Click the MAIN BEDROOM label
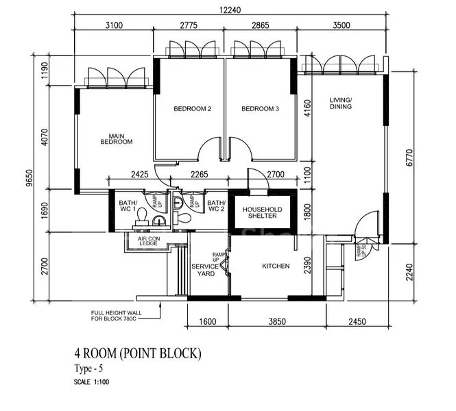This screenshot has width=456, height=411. (116, 138)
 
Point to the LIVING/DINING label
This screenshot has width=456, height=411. (340, 103)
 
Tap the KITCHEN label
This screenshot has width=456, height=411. (276, 266)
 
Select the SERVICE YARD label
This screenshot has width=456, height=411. (205, 270)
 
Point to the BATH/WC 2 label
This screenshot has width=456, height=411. (217, 206)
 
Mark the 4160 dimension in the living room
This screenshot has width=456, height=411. (308, 108)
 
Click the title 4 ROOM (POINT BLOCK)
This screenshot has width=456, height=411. (138, 353)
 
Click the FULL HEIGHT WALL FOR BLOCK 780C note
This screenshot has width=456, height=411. (117, 316)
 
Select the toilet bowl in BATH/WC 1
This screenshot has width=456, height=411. (142, 216)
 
